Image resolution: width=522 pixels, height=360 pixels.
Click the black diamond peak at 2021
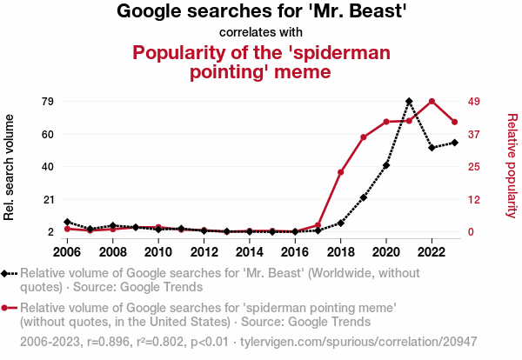(x=409, y=102)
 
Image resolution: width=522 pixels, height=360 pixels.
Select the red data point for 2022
(x=432, y=102)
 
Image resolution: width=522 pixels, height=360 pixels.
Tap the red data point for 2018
(x=341, y=172)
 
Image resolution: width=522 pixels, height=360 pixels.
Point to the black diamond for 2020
(x=386, y=165)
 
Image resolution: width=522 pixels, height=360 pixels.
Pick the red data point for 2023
(x=454, y=122)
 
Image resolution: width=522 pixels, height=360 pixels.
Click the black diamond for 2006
(x=68, y=223)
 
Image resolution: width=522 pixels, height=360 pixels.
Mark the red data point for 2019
(x=364, y=137)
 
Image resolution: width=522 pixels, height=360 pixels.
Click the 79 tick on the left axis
(x=48, y=102)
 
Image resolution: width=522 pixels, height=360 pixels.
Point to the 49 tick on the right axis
(x=475, y=102)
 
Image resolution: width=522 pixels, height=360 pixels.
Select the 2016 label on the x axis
(x=295, y=252)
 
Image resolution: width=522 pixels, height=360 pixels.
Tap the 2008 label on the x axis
(x=113, y=252)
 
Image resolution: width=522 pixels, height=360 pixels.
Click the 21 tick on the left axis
(x=48, y=199)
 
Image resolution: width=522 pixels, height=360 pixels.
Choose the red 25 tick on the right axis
(x=475, y=167)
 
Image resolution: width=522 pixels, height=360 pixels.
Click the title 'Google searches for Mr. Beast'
(x=262, y=11)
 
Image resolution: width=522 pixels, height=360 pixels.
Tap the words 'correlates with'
(x=262, y=32)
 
